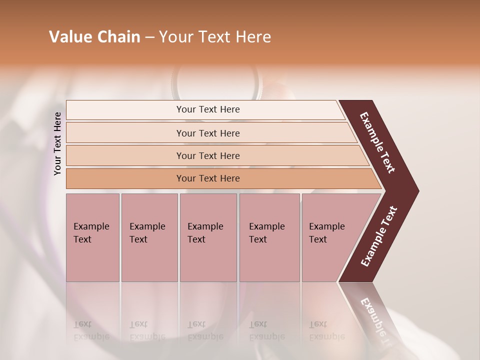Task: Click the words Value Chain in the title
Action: (94, 37)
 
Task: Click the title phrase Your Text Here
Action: (215, 37)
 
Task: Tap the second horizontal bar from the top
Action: (208, 133)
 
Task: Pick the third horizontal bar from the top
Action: (208, 155)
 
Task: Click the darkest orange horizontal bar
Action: (208, 178)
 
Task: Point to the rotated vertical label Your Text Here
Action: (57, 143)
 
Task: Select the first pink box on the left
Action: (92, 237)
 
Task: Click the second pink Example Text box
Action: (149, 237)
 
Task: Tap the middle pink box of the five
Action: (208, 237)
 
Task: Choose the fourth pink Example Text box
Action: (269, 237)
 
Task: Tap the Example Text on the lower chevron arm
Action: (379, 236)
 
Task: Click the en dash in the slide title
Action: (149, 37)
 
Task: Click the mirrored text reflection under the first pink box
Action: (91, 330)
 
